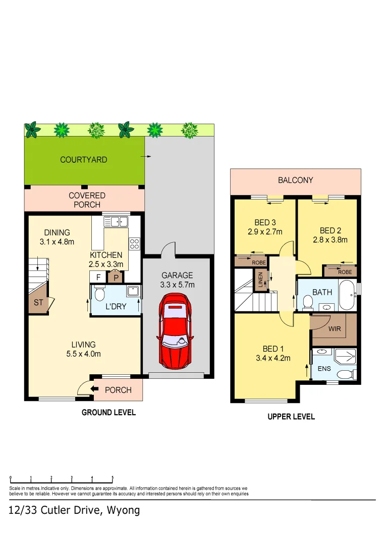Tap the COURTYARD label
pos(84,160)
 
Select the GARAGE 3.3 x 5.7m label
pos(177,280)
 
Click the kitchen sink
pos(116,221)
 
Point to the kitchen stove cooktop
pos(135,244)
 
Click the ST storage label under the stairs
pos(38,303)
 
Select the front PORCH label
pos(118,390)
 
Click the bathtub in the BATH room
pos(347,295)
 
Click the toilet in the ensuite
pos(346,375)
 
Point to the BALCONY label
pos(296,180)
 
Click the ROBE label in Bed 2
pos(345,272)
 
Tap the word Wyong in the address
pos(123,510)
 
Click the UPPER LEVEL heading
pos(291,417)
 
